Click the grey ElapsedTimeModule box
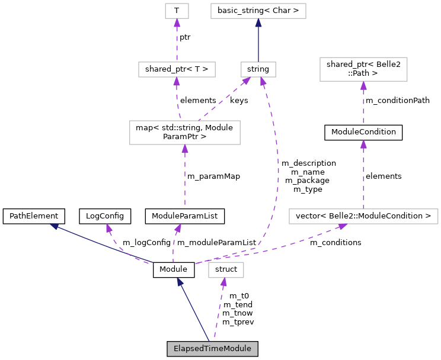212,349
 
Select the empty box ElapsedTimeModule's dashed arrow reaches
226,270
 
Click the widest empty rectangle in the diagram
363,217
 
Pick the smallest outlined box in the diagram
177,11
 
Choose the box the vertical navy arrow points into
258,11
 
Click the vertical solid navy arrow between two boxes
258,41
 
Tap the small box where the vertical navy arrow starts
258,70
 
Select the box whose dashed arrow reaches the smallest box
177,70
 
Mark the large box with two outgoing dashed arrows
185,133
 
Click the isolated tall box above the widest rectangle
363,69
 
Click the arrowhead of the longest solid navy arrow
54,226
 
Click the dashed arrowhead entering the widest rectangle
342,226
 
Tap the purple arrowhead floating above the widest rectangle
363,144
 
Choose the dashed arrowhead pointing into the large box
185,149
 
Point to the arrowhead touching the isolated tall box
363,86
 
